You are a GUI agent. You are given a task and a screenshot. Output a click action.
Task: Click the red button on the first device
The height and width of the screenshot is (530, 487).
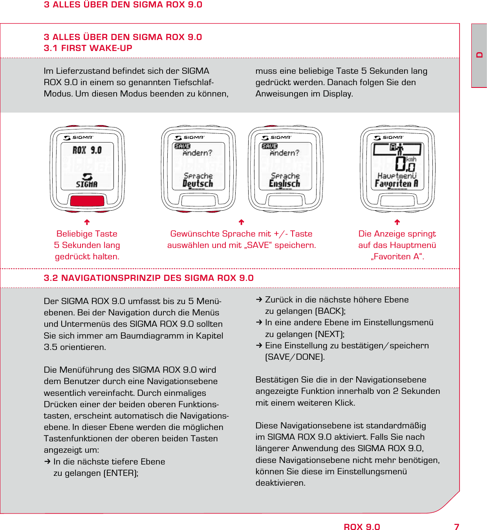pos(87,200)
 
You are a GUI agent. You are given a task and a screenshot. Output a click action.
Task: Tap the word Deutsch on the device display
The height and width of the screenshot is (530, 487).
pos(198,184)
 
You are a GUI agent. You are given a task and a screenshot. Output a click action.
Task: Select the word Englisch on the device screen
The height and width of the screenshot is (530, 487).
pos(285,184)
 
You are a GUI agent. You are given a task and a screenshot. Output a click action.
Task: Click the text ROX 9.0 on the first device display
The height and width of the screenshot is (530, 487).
pos(87,150)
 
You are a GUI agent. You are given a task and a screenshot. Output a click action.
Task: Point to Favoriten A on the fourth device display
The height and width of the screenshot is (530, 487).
pos(396,184)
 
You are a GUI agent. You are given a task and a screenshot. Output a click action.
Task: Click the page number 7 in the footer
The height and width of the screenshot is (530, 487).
pos(456,527)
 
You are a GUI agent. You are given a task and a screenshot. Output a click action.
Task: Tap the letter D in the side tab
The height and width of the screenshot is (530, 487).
pos(479,55)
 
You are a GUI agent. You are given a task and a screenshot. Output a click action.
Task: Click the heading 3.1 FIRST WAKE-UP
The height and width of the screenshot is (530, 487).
pos(88,48)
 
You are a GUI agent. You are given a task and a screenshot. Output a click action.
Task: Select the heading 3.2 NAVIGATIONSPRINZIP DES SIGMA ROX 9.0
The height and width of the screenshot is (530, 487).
pos(148,278)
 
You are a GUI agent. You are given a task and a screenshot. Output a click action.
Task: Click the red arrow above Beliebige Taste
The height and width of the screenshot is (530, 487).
pos(87,222)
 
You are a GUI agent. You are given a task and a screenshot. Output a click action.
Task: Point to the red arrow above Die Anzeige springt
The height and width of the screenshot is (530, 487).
pos(397,222)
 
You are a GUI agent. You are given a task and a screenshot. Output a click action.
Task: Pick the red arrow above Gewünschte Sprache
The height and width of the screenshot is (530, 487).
pos(242,222)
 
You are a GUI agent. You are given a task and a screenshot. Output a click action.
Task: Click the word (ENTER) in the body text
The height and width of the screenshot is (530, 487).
pos(121,473)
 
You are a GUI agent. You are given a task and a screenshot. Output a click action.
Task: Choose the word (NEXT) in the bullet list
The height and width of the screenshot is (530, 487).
pos(330,334)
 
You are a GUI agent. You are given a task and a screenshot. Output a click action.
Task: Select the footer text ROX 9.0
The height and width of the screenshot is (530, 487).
pos(362,527)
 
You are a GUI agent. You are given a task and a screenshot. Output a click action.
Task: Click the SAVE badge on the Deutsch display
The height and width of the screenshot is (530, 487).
pos(182,146)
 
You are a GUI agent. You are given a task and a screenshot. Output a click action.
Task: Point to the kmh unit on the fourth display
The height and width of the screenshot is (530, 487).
pos(411,159)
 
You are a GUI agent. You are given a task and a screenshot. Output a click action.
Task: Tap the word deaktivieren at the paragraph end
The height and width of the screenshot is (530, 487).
pos(280,483)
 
